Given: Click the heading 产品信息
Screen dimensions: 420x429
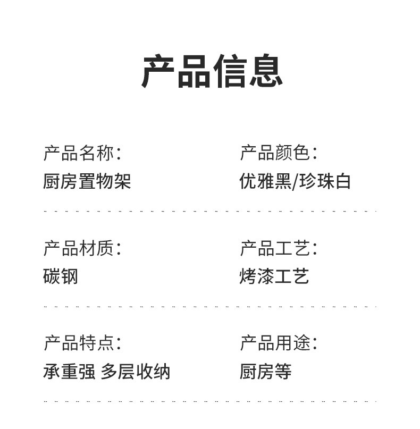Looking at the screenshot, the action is (212, 71).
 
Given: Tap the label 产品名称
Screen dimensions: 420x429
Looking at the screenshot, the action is (78, 153).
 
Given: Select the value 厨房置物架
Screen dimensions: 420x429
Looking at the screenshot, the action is (87, 181).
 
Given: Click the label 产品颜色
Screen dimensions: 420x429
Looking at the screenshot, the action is (274, 153).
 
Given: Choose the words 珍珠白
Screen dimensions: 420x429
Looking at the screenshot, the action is (325, 181).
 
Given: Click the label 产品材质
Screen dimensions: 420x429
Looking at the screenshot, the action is (78, 248).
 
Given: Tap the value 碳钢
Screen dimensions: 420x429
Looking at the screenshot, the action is (61, 276).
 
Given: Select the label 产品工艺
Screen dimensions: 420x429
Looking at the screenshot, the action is (274, 248).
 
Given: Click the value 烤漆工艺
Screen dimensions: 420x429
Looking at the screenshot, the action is (274, 276).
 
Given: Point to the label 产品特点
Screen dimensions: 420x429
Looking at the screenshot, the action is (78, 343).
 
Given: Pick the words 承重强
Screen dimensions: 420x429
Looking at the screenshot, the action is (69, 371).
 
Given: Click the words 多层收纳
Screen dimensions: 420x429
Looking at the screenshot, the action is (136, 371).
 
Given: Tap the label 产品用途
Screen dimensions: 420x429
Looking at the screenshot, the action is (274, 343).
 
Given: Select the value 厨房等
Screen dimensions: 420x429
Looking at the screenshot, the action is (265, 371).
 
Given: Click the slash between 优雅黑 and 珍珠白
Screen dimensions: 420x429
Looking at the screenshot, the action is (296, 182).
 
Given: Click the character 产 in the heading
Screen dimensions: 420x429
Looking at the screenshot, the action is (158, 71).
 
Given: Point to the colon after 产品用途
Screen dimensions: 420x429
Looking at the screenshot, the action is (314, 344).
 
